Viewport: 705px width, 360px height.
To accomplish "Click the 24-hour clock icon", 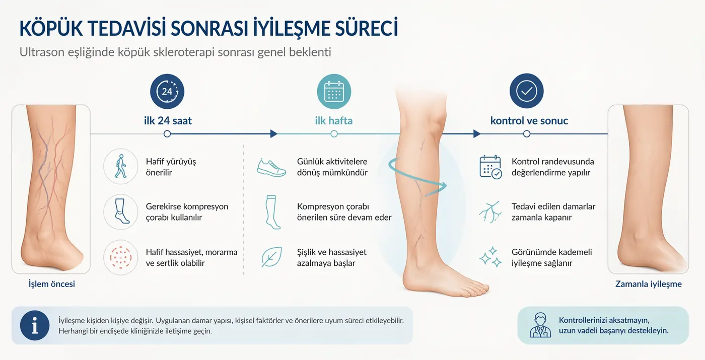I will [167, 92].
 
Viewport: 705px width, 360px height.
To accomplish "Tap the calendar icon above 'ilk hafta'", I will [334, 92].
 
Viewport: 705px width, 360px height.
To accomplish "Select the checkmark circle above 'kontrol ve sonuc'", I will [527, 92].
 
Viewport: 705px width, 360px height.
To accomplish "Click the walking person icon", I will [120, 167].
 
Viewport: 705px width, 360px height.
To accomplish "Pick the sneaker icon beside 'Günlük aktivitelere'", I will [271, 167].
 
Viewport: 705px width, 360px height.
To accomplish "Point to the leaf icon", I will [271, 257].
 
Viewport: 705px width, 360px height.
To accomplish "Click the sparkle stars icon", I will [490, 257].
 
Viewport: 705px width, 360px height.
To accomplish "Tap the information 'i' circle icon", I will [35, 325].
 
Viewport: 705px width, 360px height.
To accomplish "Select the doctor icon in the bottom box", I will [540, 325].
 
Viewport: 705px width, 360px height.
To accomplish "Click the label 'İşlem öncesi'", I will [52, 284].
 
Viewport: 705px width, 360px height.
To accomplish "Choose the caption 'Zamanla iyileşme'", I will [648, 284].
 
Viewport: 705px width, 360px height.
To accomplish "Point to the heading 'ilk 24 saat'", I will [168, 121].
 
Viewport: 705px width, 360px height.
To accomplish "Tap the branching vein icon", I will [490, 212].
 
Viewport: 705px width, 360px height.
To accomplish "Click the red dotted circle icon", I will [120, 257].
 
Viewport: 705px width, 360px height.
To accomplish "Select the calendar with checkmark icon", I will [490, 167].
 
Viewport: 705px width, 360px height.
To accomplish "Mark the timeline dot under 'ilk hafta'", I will [334, 134].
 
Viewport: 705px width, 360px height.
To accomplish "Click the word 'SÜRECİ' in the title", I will [366, 29].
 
